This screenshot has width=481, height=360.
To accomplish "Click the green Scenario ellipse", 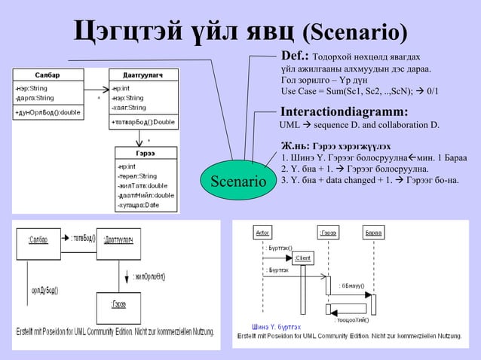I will pos(237,182).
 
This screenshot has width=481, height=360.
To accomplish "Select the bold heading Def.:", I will pos(295,56).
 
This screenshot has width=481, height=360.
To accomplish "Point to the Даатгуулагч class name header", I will pos(143,75).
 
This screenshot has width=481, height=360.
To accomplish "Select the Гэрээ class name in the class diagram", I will pos(146,151).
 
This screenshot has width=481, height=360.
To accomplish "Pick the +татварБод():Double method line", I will pos(143,121).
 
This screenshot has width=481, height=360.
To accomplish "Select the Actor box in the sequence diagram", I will pos(262,232).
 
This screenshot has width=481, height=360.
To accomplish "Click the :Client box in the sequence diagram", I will pos(302,258).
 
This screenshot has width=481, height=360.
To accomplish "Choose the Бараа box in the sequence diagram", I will pos(373,232).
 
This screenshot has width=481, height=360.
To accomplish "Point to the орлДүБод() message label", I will pos(45,289).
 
